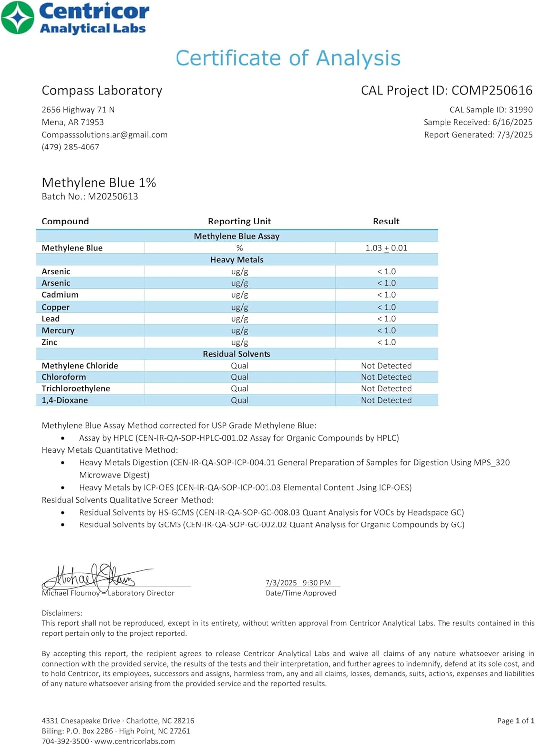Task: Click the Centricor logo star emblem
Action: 18,18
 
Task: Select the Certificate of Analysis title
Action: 288,58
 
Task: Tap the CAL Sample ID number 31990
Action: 520,110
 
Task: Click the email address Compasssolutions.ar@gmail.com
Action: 104,135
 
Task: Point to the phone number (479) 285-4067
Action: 71,147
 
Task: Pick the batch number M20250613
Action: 113,196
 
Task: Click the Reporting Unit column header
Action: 239,221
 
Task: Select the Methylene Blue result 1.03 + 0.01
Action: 386,248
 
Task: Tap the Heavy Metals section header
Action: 237,260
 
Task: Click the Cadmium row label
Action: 60,295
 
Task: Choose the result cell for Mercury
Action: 386,331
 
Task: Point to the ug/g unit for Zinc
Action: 239,342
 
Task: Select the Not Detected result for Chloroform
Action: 386,377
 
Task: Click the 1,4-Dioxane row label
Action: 65,400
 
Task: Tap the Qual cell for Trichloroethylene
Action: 239,389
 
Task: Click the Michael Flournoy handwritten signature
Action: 94,577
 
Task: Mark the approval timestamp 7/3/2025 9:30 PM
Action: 298,583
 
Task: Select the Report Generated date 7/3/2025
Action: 515,135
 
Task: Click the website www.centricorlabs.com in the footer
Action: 135,741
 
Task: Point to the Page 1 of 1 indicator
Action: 515,721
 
